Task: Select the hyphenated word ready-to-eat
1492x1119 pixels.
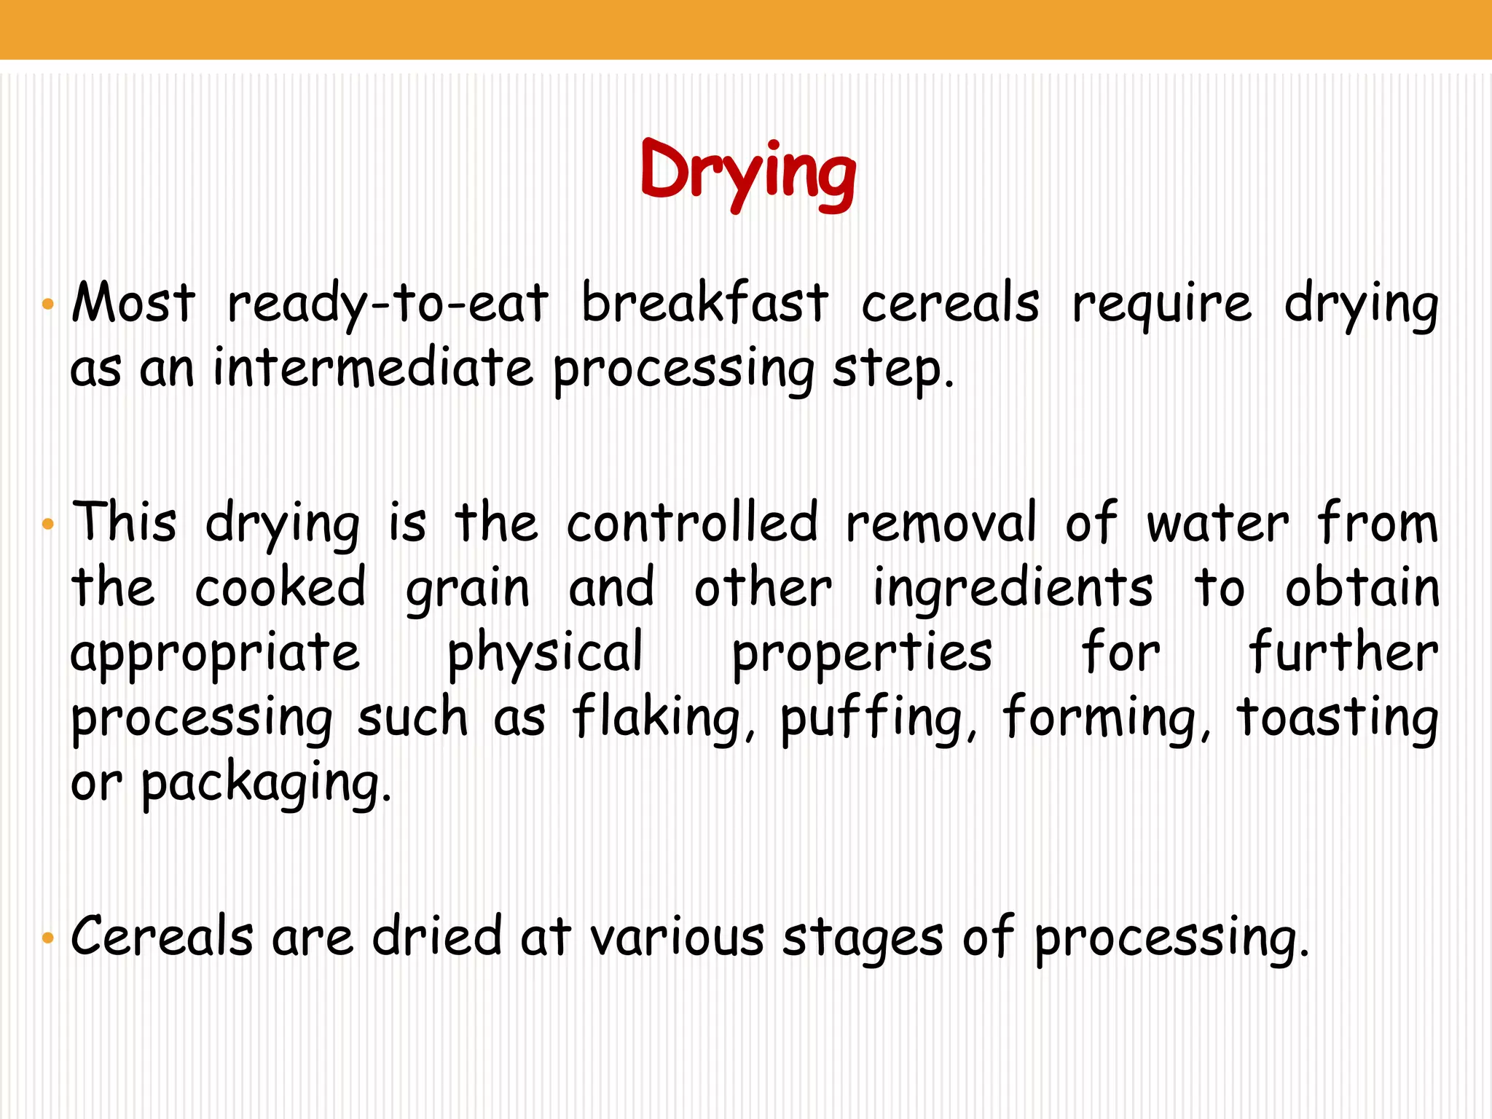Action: (x=388, y=305)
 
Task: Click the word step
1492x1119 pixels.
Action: (x=892, y=370)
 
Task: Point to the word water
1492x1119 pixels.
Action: (x=1217, y=523)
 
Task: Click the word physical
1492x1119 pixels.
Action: (x=545, y=653)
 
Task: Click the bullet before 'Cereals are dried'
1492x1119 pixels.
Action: (x=48, y=938)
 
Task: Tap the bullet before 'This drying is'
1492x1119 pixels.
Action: (x=48, y=524)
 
